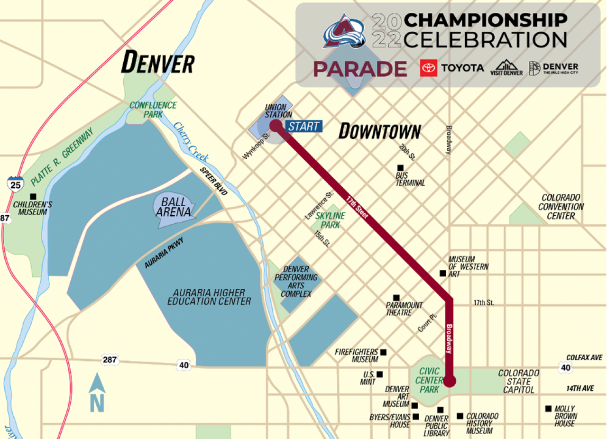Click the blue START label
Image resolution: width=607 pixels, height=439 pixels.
(x=303, y=126)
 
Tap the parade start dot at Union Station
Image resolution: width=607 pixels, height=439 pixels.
(x=275, y=125)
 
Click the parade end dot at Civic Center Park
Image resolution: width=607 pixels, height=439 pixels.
(x=450, y=380)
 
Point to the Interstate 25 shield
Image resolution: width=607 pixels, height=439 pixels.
(x=16, y=184)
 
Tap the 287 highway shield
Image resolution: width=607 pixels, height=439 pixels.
(x=110, y=360)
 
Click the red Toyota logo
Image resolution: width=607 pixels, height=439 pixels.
(x=428, y=68)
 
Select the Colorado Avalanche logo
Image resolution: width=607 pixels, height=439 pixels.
(x=344, y=31)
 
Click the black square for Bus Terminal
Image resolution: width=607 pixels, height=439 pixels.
(x=400, y=167)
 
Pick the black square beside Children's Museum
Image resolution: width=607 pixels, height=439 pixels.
(x=33, y=196)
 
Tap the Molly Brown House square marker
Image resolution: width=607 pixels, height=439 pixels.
(x=548, y=409)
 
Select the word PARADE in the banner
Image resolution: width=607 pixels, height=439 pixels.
(x=360, y=69)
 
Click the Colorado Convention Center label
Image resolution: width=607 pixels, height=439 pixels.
(x=561, y=207)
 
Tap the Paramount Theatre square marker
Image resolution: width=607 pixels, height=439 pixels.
(x=396, y=298)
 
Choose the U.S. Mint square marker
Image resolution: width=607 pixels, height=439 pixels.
(x=379, y=374)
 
